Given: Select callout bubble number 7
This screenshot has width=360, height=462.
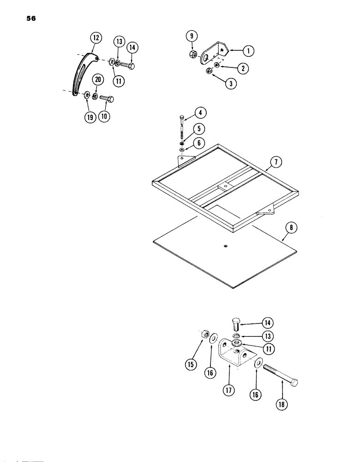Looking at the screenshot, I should coord(276,162).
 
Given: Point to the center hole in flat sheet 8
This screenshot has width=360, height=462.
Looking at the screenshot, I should coord(225,246).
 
